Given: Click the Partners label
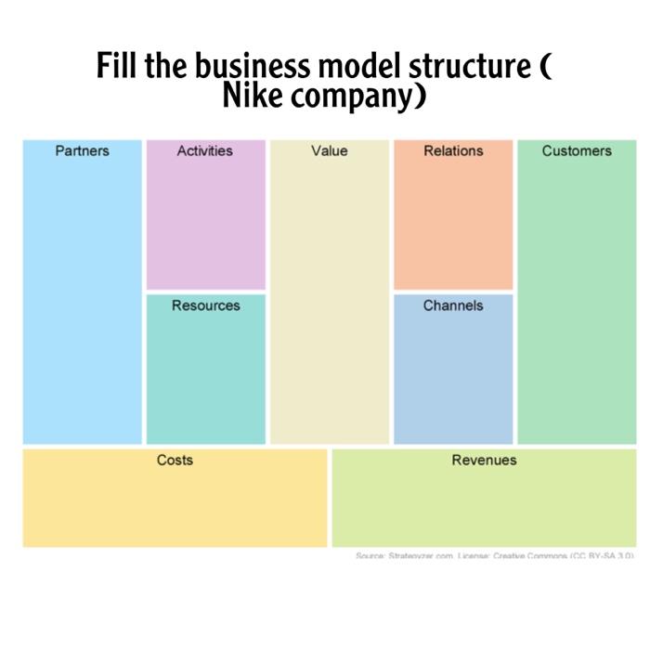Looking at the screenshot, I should click(x=82, y=150).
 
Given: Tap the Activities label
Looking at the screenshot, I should click(x=204, y=150).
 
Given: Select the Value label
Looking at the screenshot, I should click(x=330, y=150).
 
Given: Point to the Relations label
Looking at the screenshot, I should click(x=453, y=150).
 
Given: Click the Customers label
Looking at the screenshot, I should click(x=577, y=150).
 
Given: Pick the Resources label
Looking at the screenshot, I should click(x=205, y=305).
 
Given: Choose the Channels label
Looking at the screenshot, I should click(x=453, y=305).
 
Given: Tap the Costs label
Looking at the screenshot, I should click(x=175, y=460).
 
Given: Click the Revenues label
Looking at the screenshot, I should click(x=484, y=460).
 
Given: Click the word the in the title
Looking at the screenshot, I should click(x=165, y=68).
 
